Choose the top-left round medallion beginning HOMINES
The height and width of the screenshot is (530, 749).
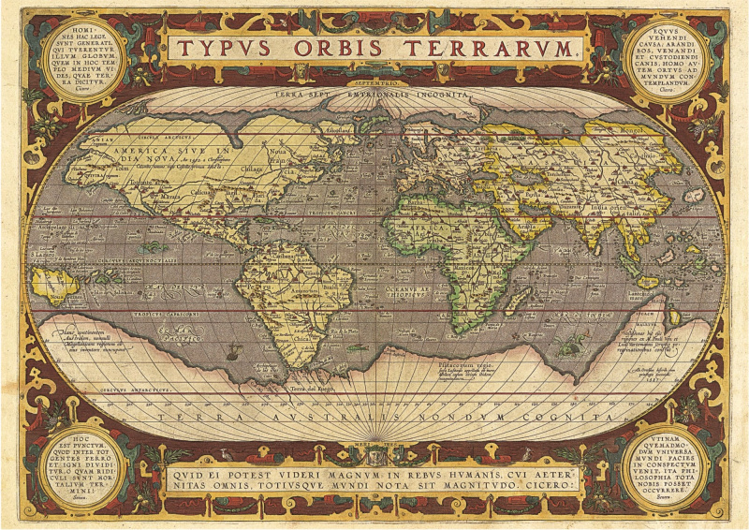click(84, 57)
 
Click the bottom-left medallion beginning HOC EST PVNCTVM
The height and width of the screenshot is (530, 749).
click(83, 465)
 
